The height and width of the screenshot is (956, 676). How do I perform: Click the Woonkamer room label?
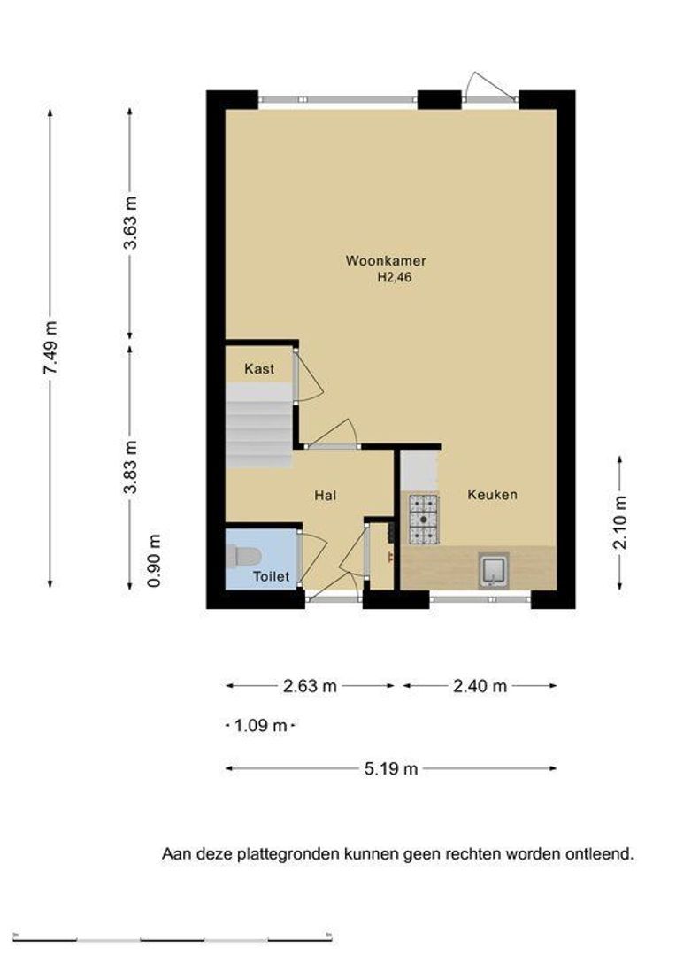tap(385, 261)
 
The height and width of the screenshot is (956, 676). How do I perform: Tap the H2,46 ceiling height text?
tap(395, 278)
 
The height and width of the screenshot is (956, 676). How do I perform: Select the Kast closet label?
tap(259, 369)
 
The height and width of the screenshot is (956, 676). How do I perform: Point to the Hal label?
tap(326, 495)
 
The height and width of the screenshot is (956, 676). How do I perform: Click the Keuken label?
tap(493, 495)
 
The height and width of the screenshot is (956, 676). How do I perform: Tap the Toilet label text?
tap(272, 576)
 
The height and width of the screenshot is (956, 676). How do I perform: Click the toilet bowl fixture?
tap(243, 556)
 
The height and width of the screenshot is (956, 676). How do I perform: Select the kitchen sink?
tap(493, 570)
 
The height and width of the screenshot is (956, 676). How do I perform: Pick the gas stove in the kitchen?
tap(424, 519)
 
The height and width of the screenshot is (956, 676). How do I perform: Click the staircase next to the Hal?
tap(259, 426)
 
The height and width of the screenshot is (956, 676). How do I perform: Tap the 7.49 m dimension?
tap(50, 348)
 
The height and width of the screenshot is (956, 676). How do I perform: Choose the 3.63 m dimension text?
tap(130, 222)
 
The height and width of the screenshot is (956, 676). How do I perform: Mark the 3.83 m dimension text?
tap(130, 467)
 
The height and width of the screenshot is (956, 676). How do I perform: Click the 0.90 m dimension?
tap(155, 561)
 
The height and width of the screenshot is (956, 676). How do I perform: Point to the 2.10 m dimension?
tap(620, 522)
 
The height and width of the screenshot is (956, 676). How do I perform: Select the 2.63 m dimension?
tap(310, 686)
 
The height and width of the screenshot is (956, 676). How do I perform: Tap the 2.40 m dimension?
tap(480, 686)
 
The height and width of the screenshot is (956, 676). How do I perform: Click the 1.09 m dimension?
tap(260, 726)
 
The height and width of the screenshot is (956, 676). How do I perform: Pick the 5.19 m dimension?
tap(391, 769)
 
